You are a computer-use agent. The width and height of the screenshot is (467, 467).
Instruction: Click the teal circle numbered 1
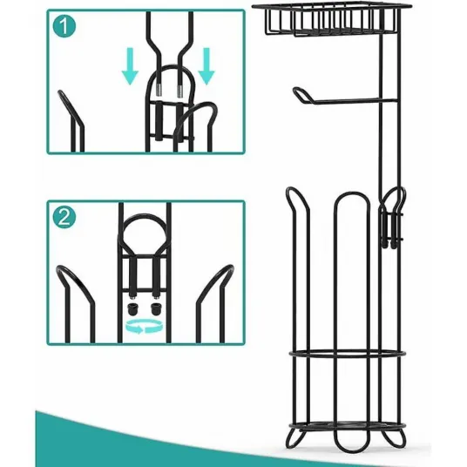(64, 26)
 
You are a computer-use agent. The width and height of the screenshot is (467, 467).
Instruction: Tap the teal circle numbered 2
(64, 217)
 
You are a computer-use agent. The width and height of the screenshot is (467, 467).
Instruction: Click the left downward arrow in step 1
(130, 66)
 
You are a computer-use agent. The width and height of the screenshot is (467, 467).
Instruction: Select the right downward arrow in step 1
(206, 66)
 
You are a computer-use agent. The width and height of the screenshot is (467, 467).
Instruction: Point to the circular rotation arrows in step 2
(145, 327)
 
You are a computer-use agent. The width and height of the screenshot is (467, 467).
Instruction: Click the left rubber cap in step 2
(132, 308)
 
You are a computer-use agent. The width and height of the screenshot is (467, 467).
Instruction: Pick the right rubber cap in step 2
(155, 308)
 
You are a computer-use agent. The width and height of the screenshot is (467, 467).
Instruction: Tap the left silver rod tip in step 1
(159, 90)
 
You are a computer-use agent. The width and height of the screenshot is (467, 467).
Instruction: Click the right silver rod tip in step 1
(179, 91)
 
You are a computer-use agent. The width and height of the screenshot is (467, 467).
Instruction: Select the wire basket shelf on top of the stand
(332, 18)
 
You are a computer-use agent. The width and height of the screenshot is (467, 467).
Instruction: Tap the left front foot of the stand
(295, 438)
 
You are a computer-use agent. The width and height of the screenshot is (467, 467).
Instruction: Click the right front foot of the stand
(395, 438)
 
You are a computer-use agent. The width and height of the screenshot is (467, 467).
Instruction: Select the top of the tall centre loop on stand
(352, 193)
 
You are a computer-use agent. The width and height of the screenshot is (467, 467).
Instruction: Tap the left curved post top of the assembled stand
(294, 191)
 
